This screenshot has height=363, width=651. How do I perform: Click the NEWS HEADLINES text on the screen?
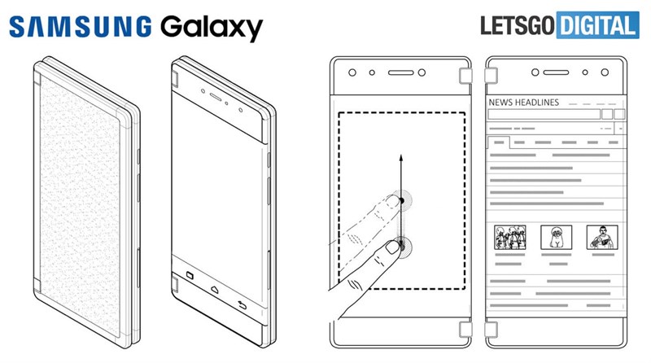tap(523, 103)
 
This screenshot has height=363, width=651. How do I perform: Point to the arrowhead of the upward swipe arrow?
tap(400, 156)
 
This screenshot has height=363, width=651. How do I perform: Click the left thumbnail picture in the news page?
tap(509, 237)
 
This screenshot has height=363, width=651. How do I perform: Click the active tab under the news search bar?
tap(497, 142)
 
